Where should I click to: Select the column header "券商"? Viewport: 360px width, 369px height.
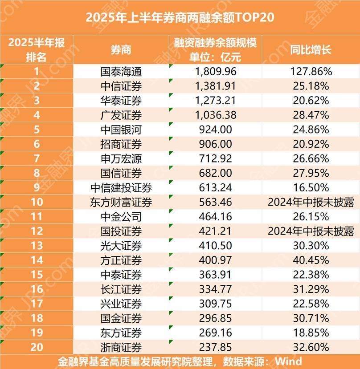pyautogui.click(x=121, y=50)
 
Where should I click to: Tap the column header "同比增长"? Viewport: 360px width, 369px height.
pyautogui.click(x=311, y=50)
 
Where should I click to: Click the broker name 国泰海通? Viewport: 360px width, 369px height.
pyautogui.click(x=121, y=71)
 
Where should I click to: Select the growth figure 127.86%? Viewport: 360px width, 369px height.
pyautogui.click(x=311, y=71)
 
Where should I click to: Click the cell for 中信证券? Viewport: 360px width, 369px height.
pyautogui.click(x=121, y=86)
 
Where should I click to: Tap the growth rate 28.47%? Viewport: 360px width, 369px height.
pyautogui.click(x=311, y=115)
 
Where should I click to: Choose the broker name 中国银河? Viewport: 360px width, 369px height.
pyautogui.click(x=121, y=130)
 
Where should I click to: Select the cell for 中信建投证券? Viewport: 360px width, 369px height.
pyautogui.click(x=121, y=187)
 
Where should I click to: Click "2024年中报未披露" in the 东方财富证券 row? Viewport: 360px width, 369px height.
pyautogui.click(x=311, y=202)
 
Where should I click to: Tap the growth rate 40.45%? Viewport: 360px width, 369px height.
pyautogui.click(x=311, y=260)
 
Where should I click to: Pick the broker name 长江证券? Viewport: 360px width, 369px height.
pyautogui.click(x=121, y=289)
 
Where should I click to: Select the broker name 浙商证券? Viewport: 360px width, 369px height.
pyautogui.click(x=121, y=347)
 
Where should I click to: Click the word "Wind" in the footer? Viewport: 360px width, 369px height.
pyautogui.click(x=288, y=361)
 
